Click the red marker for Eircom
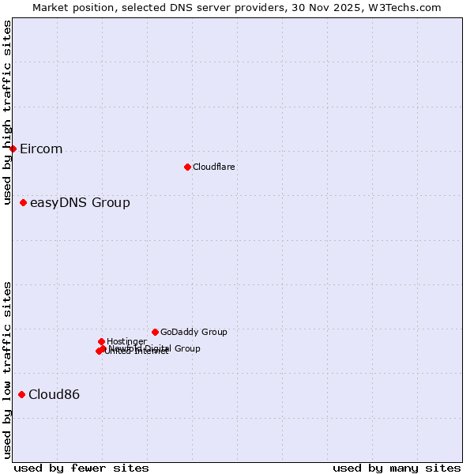[x=13, y=149]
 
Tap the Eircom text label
[x=41, y=149]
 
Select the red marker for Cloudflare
[x=187, y=167]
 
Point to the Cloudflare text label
[x=213, y=167]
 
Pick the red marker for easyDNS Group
[x=23, y=203]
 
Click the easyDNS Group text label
[x=80, y=203]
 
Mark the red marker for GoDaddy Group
[x=155, y=332]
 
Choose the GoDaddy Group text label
[x=194, y=333]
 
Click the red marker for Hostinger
[x=101, y=341]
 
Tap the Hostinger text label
[x=126, y=341]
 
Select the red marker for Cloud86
[x=21, y=394]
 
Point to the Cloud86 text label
[x=54, y=395]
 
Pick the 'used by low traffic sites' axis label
[x=7, y=370]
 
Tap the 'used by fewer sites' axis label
[x=81, y=468]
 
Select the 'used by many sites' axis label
[x=397, y=468]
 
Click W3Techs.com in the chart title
[x=404, y=7]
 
